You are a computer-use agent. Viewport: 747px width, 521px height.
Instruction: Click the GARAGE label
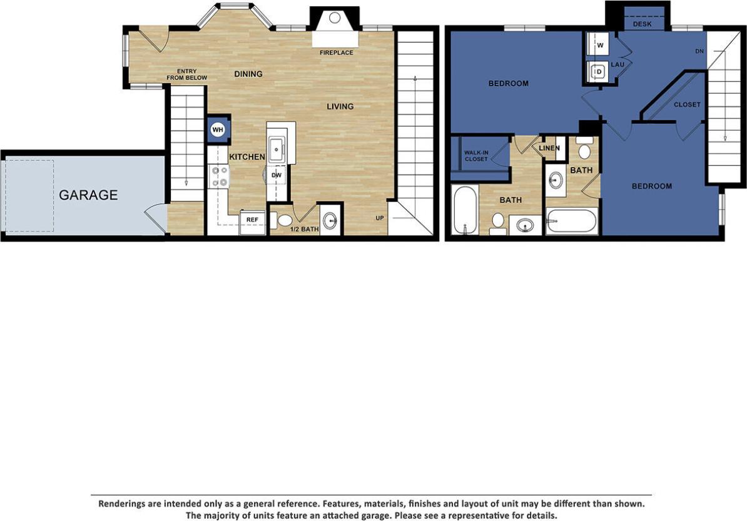pyautogui.click(x=88, y=195)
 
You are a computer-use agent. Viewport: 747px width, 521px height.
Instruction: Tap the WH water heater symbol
pyautogui.click(x=218, y=129)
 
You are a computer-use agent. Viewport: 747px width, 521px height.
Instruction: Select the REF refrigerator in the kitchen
pyautogui.click(x=252, y=220)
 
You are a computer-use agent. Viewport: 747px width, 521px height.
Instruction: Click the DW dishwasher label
pyautogui.click(x=277, y=176)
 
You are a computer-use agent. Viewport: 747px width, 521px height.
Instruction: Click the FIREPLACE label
pyautogui.click(x=337, y=53)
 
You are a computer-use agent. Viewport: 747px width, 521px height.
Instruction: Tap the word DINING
pyautogui.click(x=248, y=74)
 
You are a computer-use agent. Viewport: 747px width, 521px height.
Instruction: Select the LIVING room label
pyautogui.click(x=340, y=106)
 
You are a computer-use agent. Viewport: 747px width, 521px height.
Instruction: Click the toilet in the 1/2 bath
pyautogui.click(x=285, y=220)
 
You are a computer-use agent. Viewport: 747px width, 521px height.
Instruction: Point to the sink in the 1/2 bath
pyautogui.click(x=330, y=221)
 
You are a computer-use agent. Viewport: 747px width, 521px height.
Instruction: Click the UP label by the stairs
pyautogui.click(x=380, y=218)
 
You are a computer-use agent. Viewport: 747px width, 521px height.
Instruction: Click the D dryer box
pyautogui.click(x=599, y=72)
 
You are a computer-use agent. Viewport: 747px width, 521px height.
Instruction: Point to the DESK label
pyautogui.click(x=642, y=24)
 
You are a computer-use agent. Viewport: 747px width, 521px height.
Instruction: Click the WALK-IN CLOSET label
pyautogui.click(x=476, y=156)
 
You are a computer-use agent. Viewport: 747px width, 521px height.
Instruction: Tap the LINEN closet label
pyautogui.click(x=549, y=148)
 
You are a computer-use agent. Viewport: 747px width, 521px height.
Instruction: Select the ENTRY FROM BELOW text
pyautogui.click(x=186, y=74)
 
